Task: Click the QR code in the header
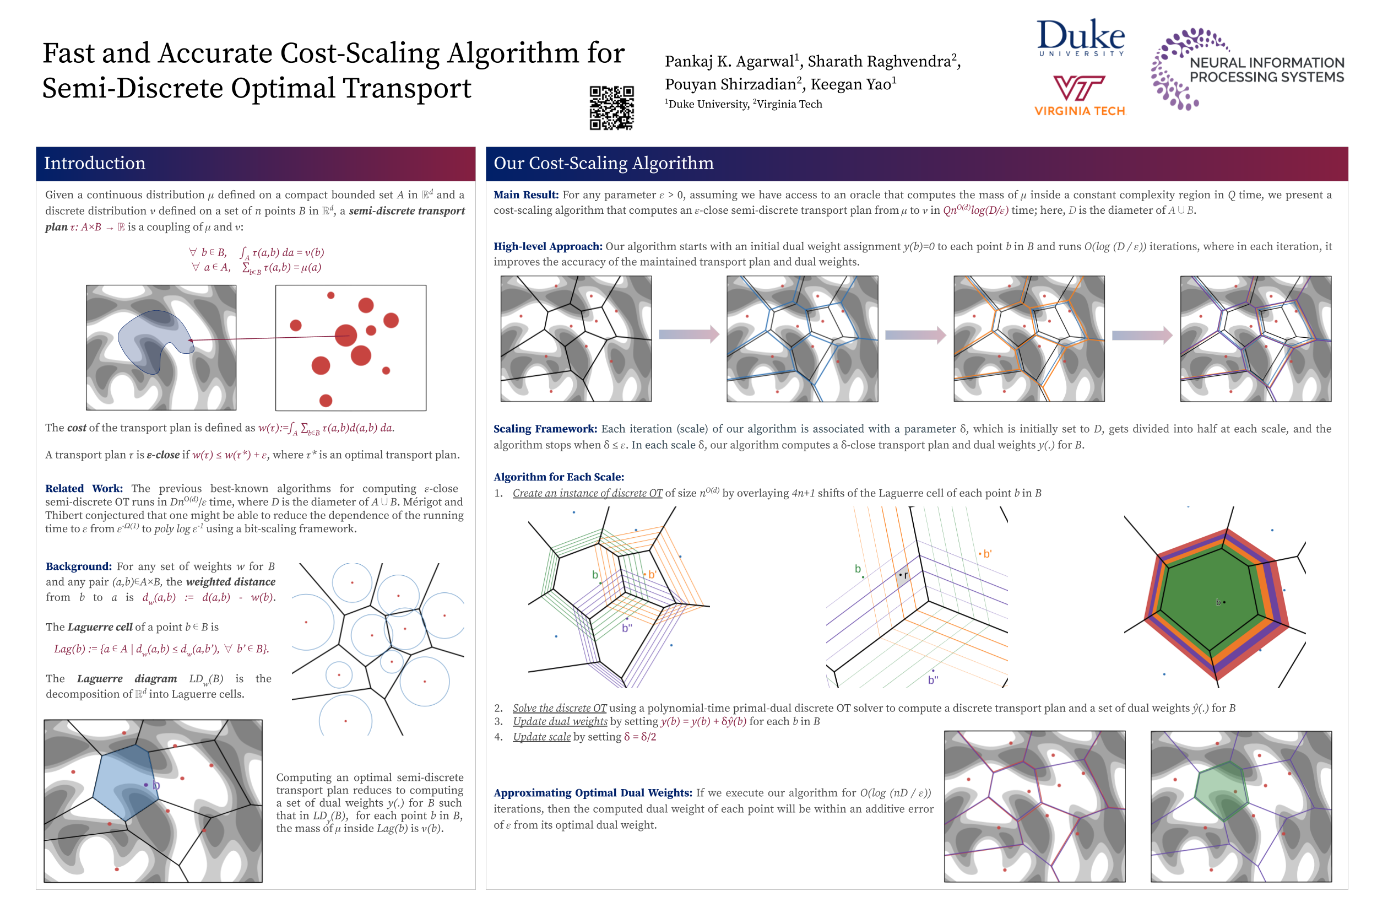611,108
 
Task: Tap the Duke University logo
1080,37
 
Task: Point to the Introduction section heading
95,163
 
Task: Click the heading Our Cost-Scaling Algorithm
603,163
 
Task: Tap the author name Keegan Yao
852,84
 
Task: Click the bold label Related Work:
84,488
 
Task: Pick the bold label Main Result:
525,195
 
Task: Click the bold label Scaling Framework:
545,429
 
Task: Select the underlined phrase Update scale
541,737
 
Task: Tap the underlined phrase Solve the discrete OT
560,708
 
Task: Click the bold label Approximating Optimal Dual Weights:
592,793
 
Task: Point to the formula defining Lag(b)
161,649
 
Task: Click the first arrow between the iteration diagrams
688,334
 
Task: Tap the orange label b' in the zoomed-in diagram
987,554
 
